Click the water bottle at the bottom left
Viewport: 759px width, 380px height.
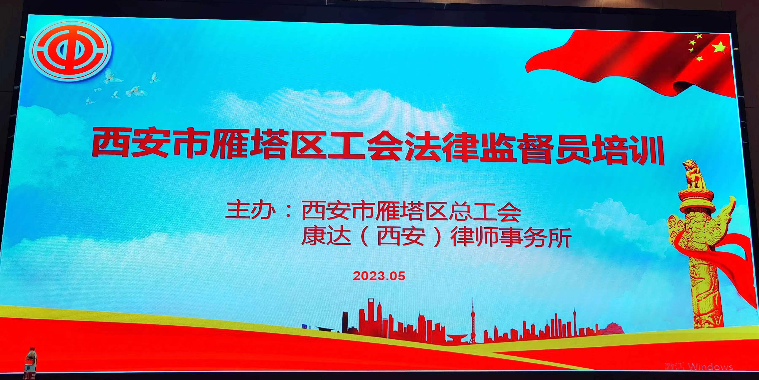coord(31,363)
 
